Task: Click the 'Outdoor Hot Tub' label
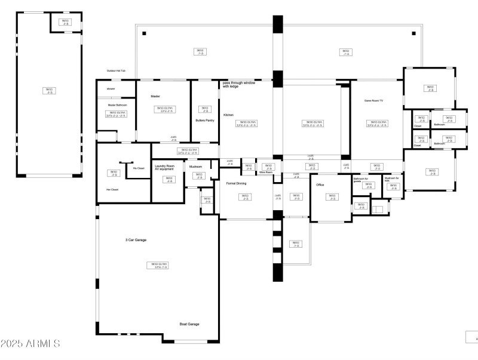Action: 120,70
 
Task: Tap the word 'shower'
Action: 111,88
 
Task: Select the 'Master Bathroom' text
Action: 117,105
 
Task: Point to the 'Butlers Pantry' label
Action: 205,120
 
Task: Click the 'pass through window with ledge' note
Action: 239,85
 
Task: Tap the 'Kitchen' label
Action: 229,115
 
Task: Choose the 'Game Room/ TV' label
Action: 373,101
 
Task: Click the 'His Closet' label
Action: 139,168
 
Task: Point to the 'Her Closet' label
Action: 112,189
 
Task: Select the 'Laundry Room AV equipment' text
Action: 164,167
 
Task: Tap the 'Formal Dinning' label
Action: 237,183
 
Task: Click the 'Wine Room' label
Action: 266,173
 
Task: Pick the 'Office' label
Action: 320,185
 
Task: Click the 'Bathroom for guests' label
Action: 360,180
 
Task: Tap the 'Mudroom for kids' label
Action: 391,179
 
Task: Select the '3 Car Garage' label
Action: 136,240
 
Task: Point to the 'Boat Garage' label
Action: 189,324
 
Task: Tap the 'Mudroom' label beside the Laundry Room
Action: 195,167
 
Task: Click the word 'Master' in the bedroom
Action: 155,96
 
